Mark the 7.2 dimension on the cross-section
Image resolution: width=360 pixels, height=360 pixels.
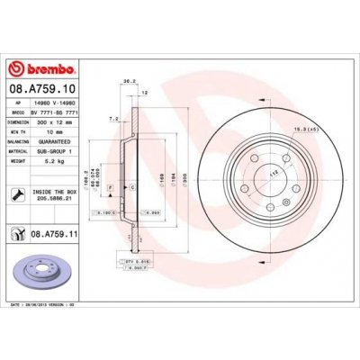click(x=112, y=118)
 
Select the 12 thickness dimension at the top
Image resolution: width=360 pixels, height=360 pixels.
click(x=142, y=92)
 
